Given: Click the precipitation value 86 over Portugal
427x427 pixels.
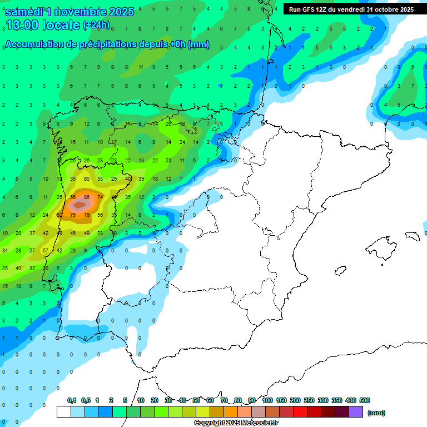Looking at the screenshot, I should point(87,197).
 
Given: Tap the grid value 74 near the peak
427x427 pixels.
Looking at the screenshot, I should point(100,197).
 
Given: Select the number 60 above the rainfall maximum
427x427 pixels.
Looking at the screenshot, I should point(87,179).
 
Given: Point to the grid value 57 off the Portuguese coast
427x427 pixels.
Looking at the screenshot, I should point(46,251).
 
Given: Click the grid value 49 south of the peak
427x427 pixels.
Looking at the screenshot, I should point(87,234).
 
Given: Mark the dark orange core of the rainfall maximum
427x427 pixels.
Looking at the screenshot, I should point(80,205).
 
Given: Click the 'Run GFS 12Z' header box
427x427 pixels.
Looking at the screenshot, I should point(351,9).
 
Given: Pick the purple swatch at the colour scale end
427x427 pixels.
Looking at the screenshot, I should point(356,412).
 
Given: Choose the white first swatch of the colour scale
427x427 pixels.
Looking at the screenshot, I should point(63,412).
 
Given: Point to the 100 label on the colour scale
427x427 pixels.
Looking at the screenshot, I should point(267,400).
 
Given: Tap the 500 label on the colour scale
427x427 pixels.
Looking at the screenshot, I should point(365,400).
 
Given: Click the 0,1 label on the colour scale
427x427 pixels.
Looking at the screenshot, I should point(72,400).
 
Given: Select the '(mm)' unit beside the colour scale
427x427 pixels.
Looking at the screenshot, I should point(376,413).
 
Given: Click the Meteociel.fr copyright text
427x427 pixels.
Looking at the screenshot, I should point(236,423).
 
